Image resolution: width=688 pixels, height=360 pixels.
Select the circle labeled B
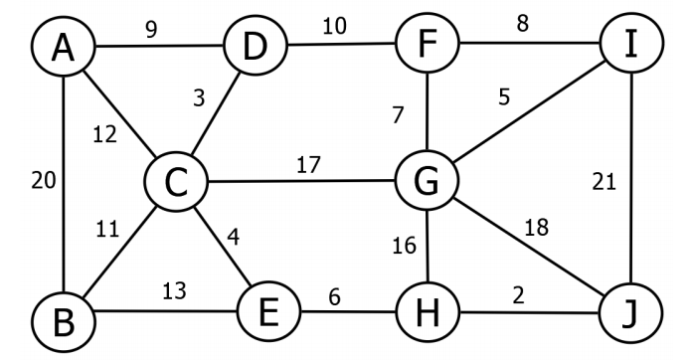click(x=62, y=320)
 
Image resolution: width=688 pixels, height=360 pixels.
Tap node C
click(x=175, y=183)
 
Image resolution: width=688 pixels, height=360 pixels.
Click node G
click(x=427, y=183)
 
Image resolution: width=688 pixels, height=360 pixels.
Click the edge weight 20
click(x=41, y=180)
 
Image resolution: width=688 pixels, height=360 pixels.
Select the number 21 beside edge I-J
click(x=603, y=182)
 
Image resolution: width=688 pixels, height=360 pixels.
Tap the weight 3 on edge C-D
click(x=201, y=98)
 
